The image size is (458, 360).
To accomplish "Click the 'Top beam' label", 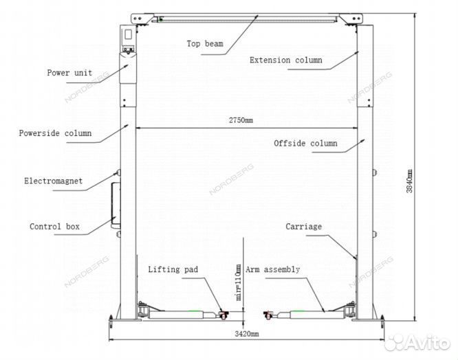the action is [205, 44].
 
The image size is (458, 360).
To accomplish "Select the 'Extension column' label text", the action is [286, 60].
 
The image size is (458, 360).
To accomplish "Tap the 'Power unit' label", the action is [69, 73].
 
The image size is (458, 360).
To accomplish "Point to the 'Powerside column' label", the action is [55, 133].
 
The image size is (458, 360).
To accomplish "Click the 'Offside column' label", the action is [305, 143].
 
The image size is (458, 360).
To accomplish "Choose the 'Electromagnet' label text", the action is [54, 181].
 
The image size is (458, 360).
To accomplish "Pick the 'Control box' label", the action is [54, 227].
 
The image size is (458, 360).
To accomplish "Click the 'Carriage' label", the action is [304, 227].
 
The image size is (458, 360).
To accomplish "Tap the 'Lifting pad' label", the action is [173, 269].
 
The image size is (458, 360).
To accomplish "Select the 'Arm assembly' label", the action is [273, 269].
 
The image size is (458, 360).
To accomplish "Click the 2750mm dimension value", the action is [241, 120].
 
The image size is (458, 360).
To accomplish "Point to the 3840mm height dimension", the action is [409, 181].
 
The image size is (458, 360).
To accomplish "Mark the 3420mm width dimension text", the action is [247, 334].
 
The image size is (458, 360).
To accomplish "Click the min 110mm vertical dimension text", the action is [239, 282].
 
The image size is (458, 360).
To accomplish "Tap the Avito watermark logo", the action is [417, 343].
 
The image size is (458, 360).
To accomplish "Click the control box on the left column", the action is [116, 205].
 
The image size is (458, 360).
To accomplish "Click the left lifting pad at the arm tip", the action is [223, 315].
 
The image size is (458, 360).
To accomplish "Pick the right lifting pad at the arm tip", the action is [268, 315].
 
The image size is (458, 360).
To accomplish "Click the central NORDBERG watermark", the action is [231, 179].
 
